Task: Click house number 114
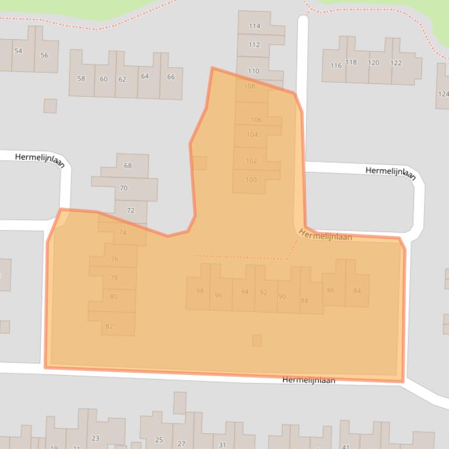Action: coord(255,26)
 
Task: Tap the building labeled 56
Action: coord(44,55)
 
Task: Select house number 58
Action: coord(81,79)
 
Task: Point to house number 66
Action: coord(171,77)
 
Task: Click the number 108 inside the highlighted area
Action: coord(250,86)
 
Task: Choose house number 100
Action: coord(251,180)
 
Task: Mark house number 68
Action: coord(128,166)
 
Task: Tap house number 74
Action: coord(123,233)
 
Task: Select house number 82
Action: coord(109,327)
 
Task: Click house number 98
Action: coord(200,291)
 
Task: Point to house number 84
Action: coord(357,291)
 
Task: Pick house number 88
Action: coord(304,301)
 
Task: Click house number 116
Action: coord(336,66)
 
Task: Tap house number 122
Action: coord(396,63)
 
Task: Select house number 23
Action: coord(95,439)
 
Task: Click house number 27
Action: coord(182,444)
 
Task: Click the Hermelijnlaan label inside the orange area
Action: coord(325,234)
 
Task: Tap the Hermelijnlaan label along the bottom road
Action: coord(309,380)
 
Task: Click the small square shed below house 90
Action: coord(257,340)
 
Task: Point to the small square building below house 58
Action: coord(50,106)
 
